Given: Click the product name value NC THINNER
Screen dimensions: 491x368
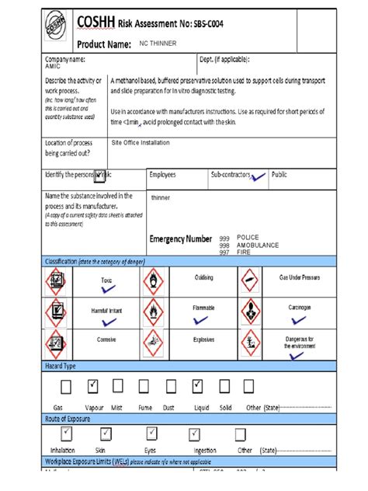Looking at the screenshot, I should pyautogui.click(x=158, y=44).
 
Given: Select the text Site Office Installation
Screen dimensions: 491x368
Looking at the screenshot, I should pyautogui.click(x=140, y=143).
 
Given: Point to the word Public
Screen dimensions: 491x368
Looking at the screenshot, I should pyautogui.click(x=279, y=175).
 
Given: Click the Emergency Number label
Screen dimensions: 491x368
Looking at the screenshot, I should pyautogui.click(x=180, y=239).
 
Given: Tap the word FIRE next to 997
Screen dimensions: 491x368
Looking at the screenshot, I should pyautogui.click(x=244, y=252).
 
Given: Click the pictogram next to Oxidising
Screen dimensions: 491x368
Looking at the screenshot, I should pyautogui.click(x=154, y=279).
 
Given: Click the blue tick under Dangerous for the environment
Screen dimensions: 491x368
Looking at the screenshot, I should pyautogui.click(x=296, y=356).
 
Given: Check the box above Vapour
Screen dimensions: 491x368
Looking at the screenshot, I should pyautogui.click(x=93, y=386).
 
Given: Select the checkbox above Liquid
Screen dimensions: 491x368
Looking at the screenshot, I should pyautogui.click(x=200, y=386).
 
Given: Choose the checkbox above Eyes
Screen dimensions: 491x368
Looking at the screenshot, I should pyautogui.click(x=149, y=434).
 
